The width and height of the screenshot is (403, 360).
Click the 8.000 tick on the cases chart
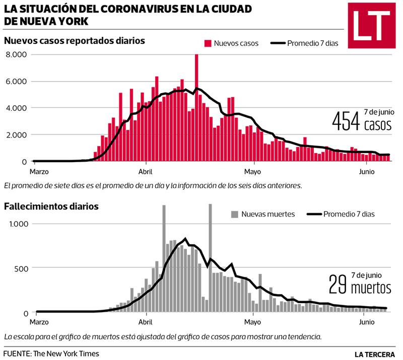click(x=16, y=54)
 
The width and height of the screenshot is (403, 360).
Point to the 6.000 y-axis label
click(x=16, y=81)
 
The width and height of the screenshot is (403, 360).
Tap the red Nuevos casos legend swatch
click(x=207, y=43)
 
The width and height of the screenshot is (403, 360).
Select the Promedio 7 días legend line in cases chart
click(x=278, y=43)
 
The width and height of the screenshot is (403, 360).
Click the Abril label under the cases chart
click(x=146, y=171)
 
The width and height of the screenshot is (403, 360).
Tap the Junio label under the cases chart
click(x=367, y=171)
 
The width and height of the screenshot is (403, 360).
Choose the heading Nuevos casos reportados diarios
click(x=75, y=41)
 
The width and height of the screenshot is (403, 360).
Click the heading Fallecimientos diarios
click(x=51, y=206)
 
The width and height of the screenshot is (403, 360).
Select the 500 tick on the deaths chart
click(x=21, y=268)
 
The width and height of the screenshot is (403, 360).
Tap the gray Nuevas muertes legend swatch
click(x=234, y=214)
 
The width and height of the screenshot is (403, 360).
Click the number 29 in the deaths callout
click(x=338, y=285)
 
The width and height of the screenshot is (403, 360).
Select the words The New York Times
click(x=66, y=353)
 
